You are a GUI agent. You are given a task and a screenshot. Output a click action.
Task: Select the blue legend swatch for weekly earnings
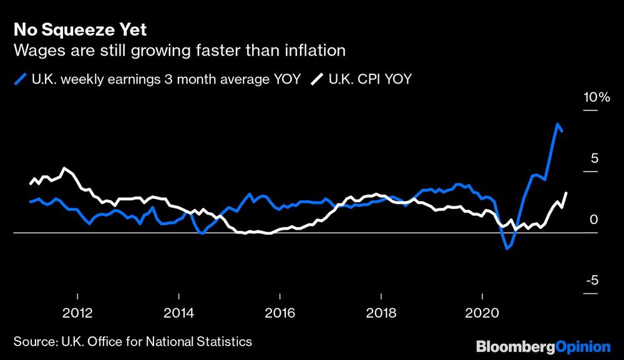click(20, 80)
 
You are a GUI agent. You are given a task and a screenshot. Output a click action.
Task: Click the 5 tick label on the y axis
click(594, 158)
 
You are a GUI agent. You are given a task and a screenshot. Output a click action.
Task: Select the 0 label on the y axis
click(594, 219)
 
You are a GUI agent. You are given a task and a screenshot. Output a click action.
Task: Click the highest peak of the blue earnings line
click(557, 124)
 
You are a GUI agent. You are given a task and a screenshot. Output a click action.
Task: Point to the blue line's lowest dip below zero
click(507, 248)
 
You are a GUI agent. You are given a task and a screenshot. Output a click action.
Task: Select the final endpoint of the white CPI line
click(566, 193)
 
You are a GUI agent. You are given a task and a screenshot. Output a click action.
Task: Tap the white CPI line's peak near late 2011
click(65, 168)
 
